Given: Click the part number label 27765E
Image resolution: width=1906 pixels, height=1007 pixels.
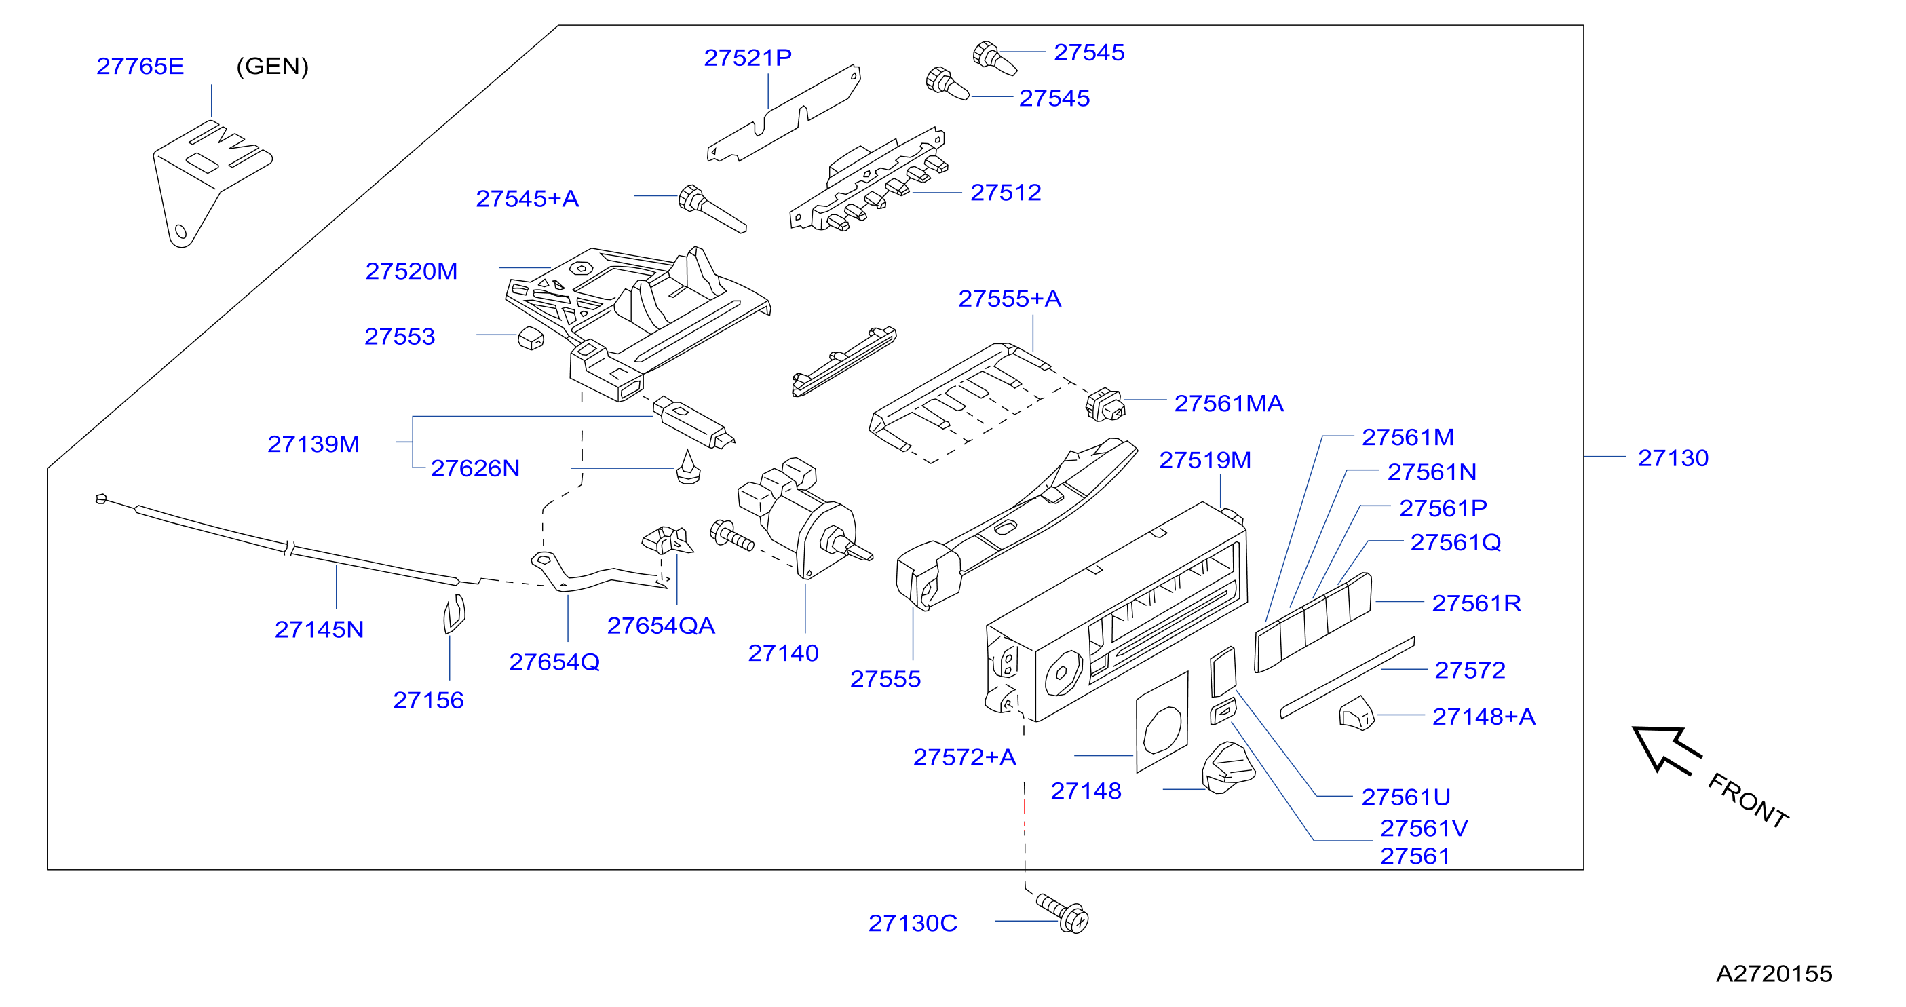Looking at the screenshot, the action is point(140,66).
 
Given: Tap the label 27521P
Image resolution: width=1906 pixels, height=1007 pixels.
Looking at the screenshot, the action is point(747,57).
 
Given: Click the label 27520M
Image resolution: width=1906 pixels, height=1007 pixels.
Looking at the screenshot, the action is point(411,271).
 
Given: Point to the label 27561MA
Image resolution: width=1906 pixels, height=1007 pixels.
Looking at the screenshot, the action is point(1229,403).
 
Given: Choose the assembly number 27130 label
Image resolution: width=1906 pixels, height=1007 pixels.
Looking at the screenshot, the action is point(1673,458).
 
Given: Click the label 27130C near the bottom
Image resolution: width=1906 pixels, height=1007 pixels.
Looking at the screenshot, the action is point(913,923).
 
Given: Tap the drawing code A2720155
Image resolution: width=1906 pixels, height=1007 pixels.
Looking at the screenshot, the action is point(1774,973).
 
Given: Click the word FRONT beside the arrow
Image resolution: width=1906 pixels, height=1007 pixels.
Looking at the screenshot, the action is point(1749,800).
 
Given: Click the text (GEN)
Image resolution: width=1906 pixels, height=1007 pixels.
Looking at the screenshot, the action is point(272,66).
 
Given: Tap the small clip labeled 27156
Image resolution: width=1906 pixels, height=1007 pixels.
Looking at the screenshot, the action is point(453,614).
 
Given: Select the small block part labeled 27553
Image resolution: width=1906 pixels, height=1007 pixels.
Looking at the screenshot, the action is point(531,338).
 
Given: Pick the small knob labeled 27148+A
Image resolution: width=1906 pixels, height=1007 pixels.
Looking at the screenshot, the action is point(1356,713).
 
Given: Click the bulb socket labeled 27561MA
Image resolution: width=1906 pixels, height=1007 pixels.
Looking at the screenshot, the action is point(1105,404).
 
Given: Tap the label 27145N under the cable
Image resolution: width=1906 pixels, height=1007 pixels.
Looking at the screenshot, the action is point(319,629).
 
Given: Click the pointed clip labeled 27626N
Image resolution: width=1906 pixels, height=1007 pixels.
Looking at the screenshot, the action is point(689,467).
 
